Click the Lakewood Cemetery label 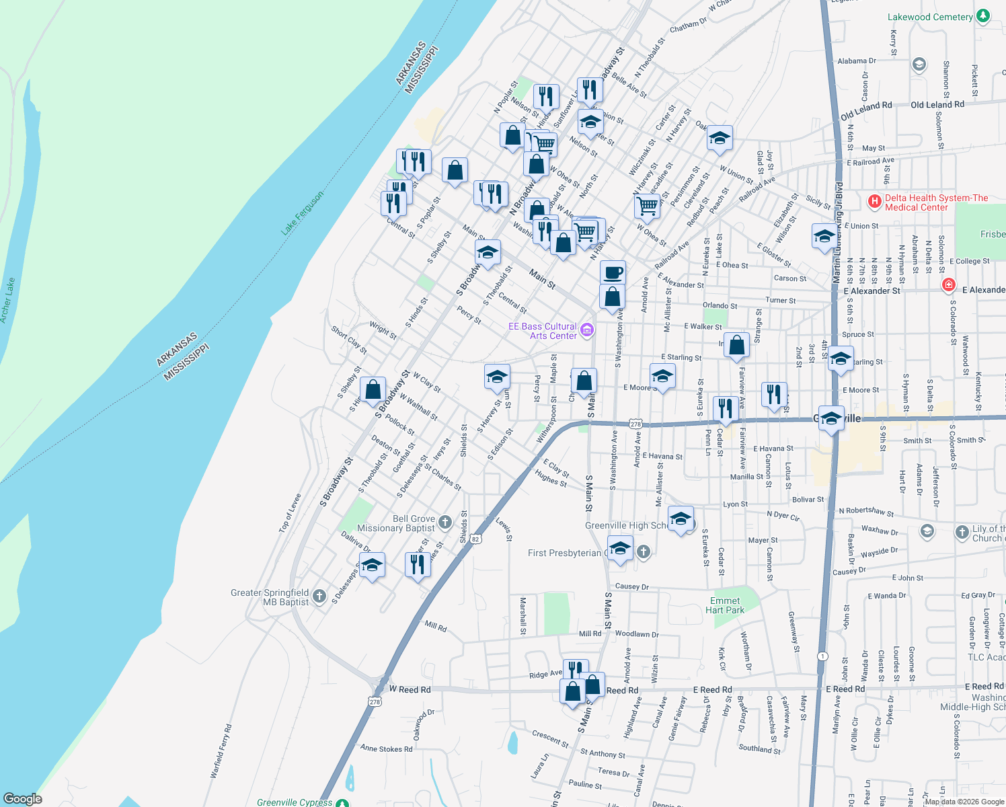tap(930, 17)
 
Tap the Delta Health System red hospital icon tap(874, 201)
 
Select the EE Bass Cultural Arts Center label tap(542, 331)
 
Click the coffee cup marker tap(613, 273)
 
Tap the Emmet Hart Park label tap(725, 605)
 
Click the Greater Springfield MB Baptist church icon tap(319, 596)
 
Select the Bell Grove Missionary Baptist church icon tap(444, 522)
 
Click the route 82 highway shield tap(475, 539)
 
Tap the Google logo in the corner tap(23, 798)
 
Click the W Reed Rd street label tap(410, 689)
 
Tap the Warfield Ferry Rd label tap(221, 751)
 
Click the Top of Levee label tap(290, 514)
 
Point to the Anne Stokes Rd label tap(386, 748)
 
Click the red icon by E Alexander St tap(948, 285)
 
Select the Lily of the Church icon tap(962, 532)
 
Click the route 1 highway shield tap(822, 656)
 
